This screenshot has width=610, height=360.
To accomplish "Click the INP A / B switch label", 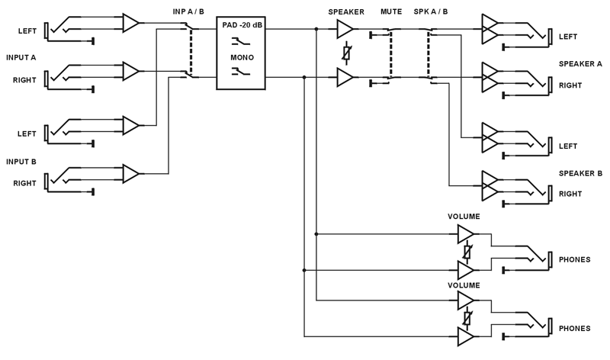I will pyautogui.click(x=188, y=11).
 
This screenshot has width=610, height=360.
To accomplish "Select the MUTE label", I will pyautogui.click(x=391, y=11).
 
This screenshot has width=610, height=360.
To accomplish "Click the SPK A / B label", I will pyautogui.click(x=431, y=11).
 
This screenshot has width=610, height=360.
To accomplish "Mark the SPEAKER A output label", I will pyautogui.click(x=580, y=63).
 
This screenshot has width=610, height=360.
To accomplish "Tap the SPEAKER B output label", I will pyautogui.click(x=580, y=173).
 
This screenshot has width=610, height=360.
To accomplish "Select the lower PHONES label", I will pyautogui.click(x=574, y=328).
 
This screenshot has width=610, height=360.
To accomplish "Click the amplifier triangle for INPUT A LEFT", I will pyautogui.click(x=130, y=23).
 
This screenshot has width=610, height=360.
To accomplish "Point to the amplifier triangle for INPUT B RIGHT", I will pyautogui.click(x=130, y=174).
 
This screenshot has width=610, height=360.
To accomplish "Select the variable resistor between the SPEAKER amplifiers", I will pyautogui.click(x=346, y=53).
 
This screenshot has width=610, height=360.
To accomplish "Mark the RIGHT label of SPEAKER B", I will pyautogui.click(x=570, y=194).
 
